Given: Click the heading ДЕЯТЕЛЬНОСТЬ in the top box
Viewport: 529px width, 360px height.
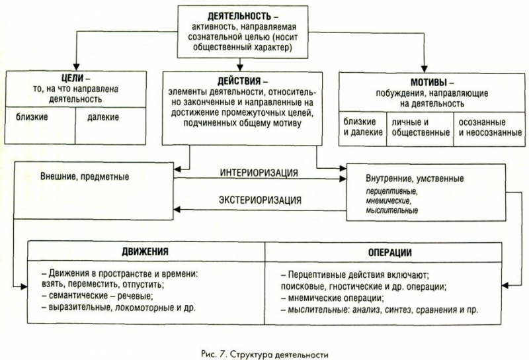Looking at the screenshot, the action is (239, 16).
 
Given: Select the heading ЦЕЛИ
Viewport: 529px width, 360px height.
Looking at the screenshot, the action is (73, 78).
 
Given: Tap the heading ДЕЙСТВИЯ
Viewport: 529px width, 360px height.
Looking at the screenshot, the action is (239, 81).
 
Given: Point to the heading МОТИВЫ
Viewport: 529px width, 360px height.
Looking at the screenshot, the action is (428, 82).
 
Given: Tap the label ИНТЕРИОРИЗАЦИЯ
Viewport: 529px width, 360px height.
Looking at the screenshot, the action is (259, 173).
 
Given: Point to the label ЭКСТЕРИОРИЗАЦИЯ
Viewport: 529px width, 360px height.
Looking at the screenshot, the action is (260, 200).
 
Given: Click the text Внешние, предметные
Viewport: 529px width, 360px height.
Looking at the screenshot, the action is (85, 177).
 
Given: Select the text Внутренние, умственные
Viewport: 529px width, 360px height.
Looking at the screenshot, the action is (415, 178).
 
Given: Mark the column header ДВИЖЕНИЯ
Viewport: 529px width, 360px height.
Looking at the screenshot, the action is (145, 251).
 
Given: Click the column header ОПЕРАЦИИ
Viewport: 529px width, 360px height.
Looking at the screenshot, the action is (389, 253).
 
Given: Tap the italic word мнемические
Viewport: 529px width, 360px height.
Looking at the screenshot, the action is (388, 201).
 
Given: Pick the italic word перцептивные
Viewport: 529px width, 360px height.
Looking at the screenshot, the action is (391, 192).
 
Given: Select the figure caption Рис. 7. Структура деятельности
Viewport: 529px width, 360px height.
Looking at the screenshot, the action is (264, 354).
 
